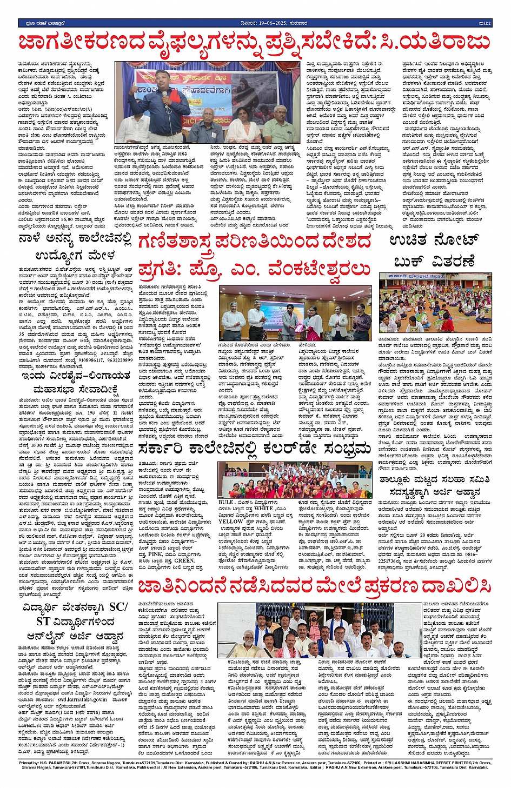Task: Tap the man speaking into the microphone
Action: point(166,103)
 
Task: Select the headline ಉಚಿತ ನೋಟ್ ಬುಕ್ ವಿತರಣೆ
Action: point(434,251)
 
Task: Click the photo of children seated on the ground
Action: point(435,304)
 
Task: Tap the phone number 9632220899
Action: point(120,359)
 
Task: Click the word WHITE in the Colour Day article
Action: point(263,508)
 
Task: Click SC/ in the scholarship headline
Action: point(118,606)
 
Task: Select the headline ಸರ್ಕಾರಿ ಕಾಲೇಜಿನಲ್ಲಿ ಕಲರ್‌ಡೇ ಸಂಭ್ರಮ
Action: point(254,449)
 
